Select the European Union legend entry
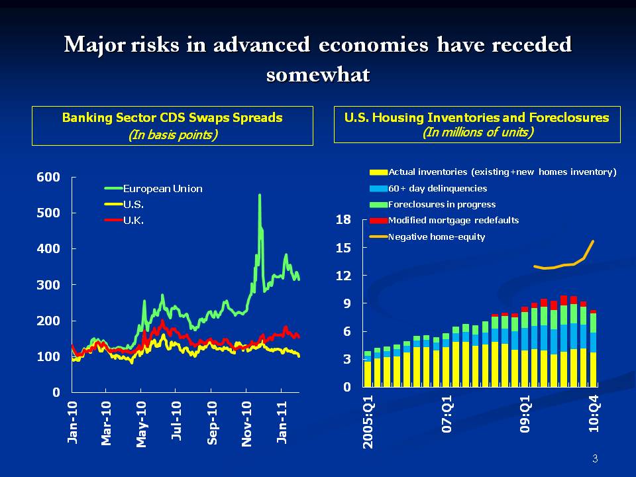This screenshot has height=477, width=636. [162, 189]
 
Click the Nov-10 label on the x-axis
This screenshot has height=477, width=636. [247, 423]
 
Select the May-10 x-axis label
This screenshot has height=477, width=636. [141, 423]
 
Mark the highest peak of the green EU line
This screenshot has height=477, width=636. [259, 195]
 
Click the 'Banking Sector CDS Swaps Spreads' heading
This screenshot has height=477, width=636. [172, 118]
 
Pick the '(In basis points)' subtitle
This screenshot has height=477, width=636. [172, 134]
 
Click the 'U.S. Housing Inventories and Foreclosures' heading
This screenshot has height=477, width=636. [476, 118]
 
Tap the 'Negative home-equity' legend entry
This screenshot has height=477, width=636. [436, 237]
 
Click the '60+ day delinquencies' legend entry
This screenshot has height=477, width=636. [437, 189]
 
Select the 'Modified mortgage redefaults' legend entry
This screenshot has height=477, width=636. [453, 221]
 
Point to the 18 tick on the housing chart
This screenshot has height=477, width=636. [343, 220]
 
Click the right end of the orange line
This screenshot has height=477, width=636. [593, 241]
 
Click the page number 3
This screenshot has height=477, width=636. [594, 459]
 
